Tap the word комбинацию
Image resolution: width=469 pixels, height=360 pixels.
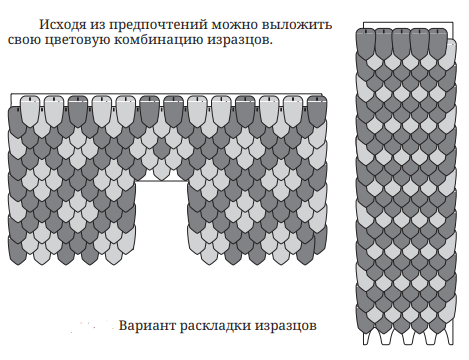coord(160,40)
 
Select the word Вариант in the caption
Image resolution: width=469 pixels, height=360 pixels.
coord(147,325)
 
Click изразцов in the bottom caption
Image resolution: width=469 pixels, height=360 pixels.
coord(286,326)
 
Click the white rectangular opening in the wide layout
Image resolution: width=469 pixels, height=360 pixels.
coord(162,220)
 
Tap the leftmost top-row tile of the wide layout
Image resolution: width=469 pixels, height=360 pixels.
coord(30,111)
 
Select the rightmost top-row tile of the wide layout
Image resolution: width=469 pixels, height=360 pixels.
coord(317,111)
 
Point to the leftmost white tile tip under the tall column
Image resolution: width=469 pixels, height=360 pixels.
coord(367,338)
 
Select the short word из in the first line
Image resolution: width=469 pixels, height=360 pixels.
coord(98,26)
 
